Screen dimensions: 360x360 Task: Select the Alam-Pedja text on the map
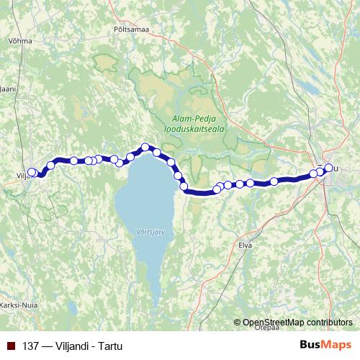(189, 119)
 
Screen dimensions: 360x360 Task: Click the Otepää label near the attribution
(266, 328)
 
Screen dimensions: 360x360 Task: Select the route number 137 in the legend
(31, 346)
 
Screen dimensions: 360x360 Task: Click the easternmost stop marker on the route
(329, 168)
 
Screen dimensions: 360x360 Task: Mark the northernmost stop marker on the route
(145, 148)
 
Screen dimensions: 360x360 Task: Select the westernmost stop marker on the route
(30, 173)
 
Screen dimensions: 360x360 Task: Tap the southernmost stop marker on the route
(217, 189)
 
